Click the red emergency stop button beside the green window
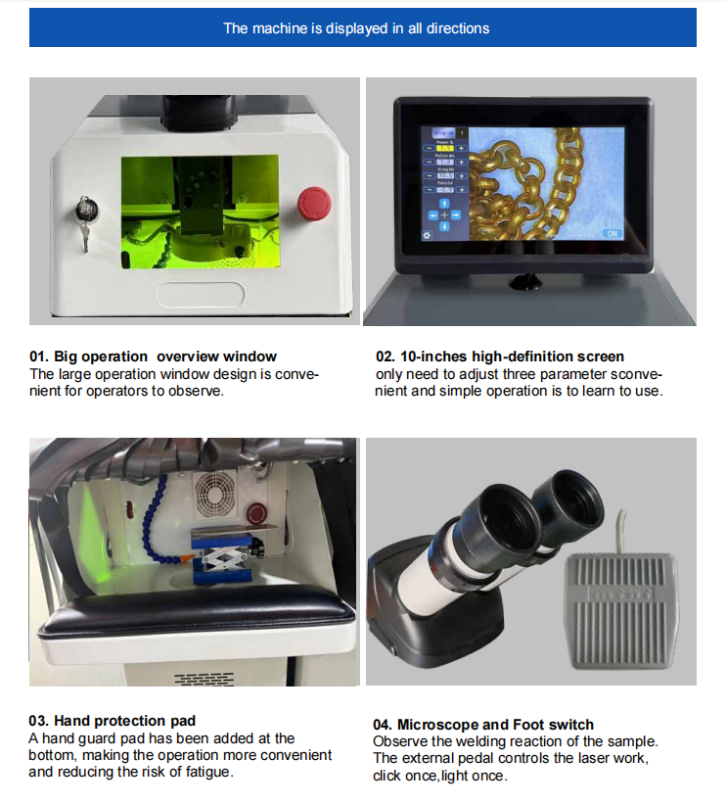pos(314,203)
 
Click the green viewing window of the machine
pos(200,212)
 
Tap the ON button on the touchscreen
pos(613,234)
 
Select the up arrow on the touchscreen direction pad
pos(444,204)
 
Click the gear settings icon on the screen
pos(427,235)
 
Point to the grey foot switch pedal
pos(620,611)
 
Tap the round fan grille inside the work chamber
pos(215,494)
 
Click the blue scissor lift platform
pos(225,557)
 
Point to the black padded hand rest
pos(198,610)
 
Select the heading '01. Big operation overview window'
pos(153,356)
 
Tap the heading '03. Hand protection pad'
pos(112,721)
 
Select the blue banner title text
pos(356,28)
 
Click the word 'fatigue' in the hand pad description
pos(207,772)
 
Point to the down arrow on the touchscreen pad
pos(444,226)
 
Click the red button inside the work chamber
pos(256,513)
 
